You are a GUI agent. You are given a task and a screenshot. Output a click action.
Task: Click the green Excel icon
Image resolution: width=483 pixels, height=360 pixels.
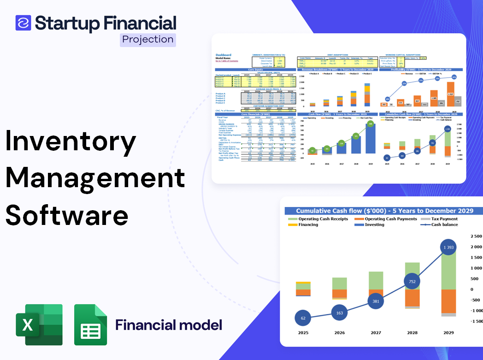(39, 325)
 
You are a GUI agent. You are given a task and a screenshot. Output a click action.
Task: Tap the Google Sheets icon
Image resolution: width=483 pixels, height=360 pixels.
(91, 325)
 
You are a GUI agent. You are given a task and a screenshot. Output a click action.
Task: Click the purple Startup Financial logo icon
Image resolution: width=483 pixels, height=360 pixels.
(23, 23)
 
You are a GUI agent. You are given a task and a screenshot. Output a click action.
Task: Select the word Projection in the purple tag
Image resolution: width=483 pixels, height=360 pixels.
(148, 39)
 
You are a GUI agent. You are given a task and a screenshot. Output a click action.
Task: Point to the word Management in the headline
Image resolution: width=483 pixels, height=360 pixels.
(95, 178)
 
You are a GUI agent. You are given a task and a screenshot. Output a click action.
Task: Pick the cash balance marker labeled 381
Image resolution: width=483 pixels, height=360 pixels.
(376, 301)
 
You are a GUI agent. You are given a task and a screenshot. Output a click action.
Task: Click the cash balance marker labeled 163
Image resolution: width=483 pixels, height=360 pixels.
(339, 313)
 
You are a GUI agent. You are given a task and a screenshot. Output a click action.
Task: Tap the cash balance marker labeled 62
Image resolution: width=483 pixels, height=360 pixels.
(303, 318)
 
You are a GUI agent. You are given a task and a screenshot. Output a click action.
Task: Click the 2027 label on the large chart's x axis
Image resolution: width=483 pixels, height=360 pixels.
(376, 333)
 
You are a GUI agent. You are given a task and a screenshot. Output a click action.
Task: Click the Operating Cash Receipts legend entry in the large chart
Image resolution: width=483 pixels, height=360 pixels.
(322, 219)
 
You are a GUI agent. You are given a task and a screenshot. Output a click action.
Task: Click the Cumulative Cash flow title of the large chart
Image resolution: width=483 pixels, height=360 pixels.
(384, 211)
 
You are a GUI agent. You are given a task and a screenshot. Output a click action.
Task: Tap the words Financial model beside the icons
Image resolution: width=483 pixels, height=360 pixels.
(169, 325)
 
